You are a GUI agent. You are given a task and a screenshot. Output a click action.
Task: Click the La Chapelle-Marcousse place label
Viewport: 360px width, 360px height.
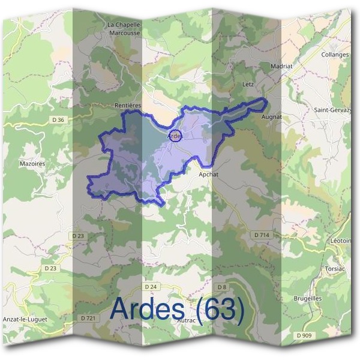(125, 28)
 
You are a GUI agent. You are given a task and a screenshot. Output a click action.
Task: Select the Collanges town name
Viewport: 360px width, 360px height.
(335, 55)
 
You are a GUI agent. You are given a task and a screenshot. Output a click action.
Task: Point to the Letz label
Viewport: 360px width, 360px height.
(248, 85)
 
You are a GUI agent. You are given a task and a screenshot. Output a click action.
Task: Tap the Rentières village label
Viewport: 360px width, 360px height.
(127, 105)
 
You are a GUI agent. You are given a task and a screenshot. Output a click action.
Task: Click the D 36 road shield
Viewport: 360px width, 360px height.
(58, 120)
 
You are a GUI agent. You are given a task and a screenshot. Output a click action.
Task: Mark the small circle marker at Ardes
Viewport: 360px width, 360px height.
(175, 135)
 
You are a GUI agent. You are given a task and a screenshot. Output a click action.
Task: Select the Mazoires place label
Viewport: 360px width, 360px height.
(32, 163)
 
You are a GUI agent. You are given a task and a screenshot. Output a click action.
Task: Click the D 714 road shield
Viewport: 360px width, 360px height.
(262, 235)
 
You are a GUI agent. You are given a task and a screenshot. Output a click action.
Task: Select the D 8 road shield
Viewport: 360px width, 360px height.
(222, 287)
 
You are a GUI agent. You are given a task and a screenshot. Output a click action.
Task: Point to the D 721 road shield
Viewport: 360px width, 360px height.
(88, 317)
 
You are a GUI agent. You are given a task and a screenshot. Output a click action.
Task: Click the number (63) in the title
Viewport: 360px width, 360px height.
(217, 309)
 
